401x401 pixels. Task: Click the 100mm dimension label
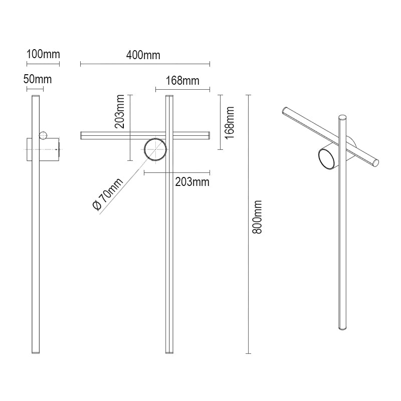[x=43, y=55]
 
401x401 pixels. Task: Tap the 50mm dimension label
[x=38, y=79]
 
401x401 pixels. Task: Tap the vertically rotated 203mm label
[x=120, y=114]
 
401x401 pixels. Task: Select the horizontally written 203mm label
[x=192, y=182]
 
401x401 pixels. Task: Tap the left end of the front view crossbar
[x=83, y=135]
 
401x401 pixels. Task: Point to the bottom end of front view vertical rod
[x=169, y=351]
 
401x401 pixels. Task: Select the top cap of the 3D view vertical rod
[x=343, y=117]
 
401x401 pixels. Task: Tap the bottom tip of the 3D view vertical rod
[x=342, y=328]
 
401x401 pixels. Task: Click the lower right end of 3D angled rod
[x=375, y=162]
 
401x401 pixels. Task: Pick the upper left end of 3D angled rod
[x=285, y=110]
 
